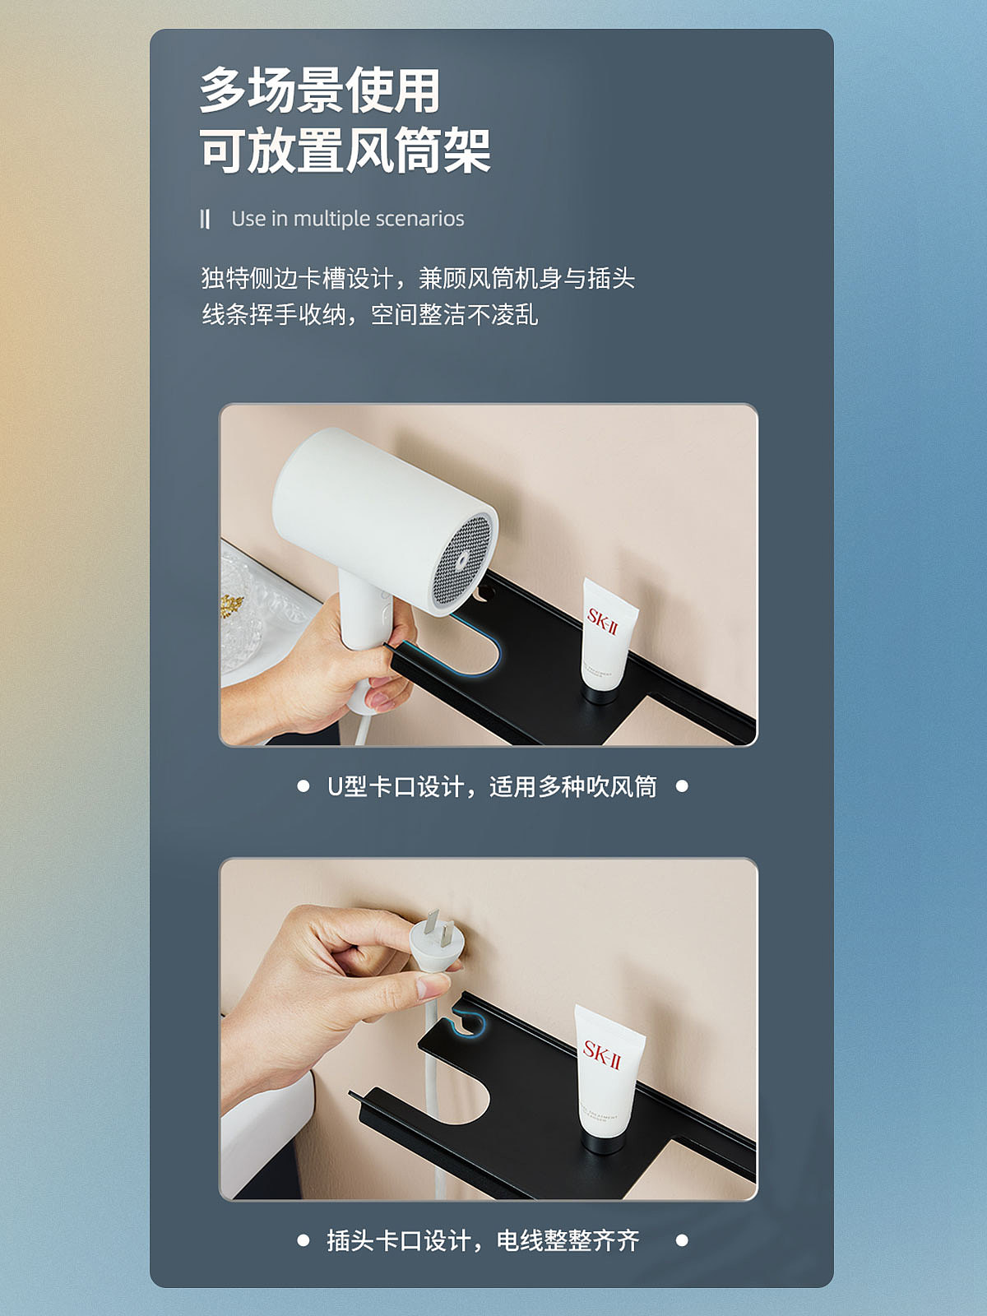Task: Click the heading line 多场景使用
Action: [x=320, y=90]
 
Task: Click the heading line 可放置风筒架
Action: [x=345, y=151]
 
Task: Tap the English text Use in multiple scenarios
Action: [x=347, y=219]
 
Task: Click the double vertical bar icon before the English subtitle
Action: [x=205, y=219]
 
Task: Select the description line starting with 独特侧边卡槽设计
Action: [x=418, y=278]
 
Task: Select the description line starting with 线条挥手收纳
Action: [x=370, y=314]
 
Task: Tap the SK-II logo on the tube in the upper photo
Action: [x=602, y=621]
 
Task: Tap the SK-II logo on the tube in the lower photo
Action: [x=602, y=1054]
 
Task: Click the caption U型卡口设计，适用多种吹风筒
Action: [x=492, y=787]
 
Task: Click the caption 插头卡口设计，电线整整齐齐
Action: [x=483, y=1240]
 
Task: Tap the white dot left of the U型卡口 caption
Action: [x=304, y=786]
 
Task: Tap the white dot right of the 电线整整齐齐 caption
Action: [x=682, y=1240]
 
